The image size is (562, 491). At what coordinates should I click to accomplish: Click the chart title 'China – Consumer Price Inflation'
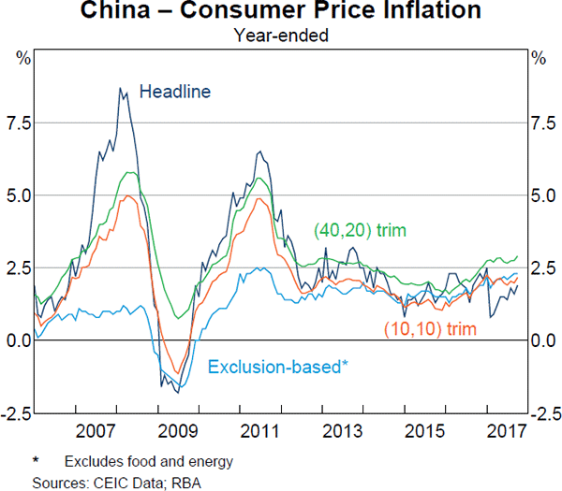(x=281, y=12)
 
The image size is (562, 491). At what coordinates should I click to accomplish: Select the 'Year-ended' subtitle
(x=281, y=36)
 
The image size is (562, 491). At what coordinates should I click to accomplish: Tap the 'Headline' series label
(x=175, y=92)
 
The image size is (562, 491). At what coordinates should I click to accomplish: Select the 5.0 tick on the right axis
(x=543, y=195)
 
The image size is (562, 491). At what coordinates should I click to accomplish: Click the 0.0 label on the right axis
(x=543, y=340)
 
